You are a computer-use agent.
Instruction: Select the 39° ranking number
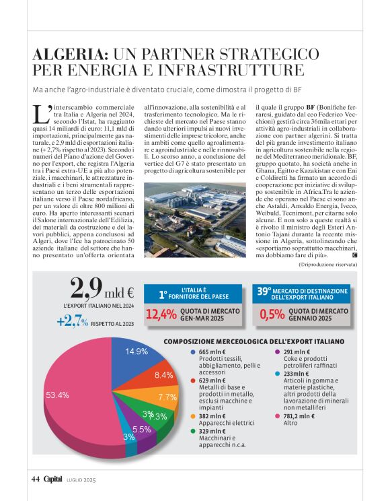pyautogui.click(x=268, y=292)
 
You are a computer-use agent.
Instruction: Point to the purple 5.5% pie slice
pyautogui.click(x=141, y=429)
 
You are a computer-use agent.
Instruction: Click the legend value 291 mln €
pyautogui.click(x=297, y=352)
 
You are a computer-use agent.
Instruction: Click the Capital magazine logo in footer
pyautogui.click(x=53, y=479)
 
